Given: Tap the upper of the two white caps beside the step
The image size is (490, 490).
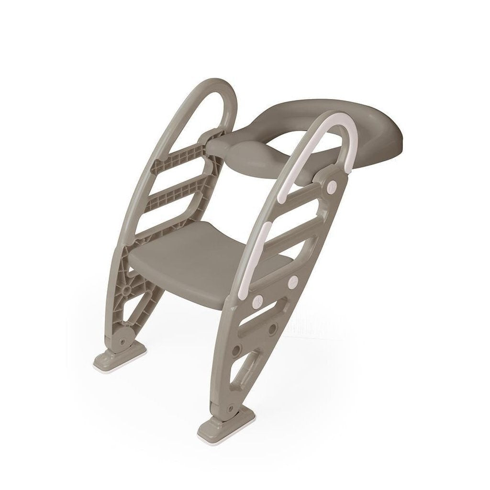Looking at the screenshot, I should coord(292,280).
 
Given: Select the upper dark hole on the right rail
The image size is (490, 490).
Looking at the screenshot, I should coord(273,330).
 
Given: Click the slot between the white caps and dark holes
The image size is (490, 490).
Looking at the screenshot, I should coord(266,316).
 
